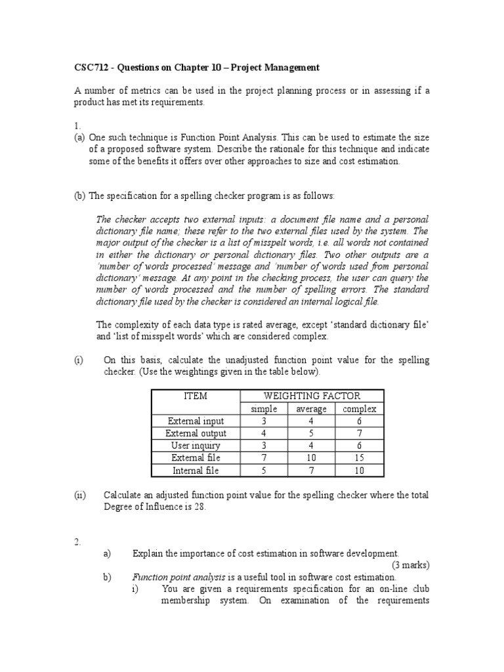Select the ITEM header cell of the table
click(x=196, y=396)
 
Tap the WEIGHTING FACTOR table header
click(x=312, y=396)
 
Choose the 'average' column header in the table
click(x=312, y=409)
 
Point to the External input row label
click(x=196, y=421)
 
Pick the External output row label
click(x=196, y=433)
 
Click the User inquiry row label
click(x=196, y=446)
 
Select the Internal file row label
click(x=196, y=471)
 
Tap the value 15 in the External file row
click(x=359, y=458)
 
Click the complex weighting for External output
click(x=359, y=433)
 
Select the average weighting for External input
click(x=312, y=421)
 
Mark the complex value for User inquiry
click(x=359, y=446)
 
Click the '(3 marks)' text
click(x=411, y=565)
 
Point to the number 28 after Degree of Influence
click(x=199, y=506)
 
